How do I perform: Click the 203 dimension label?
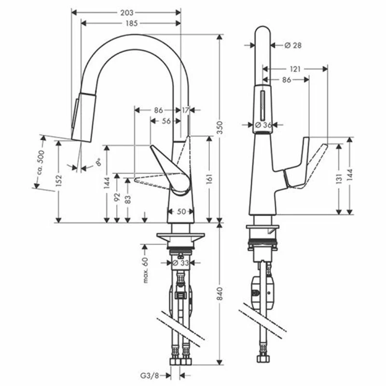point(127,13)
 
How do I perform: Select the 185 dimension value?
point(132,23)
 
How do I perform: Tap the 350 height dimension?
point(220,127)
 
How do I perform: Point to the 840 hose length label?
point(220,293)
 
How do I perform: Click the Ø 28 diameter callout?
point(293,45)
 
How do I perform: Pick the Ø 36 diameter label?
point(263,125)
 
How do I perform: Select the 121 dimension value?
point(295,69)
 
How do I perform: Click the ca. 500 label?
point(41,162)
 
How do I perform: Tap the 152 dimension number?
point(58,180)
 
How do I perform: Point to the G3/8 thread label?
point(150,376)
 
